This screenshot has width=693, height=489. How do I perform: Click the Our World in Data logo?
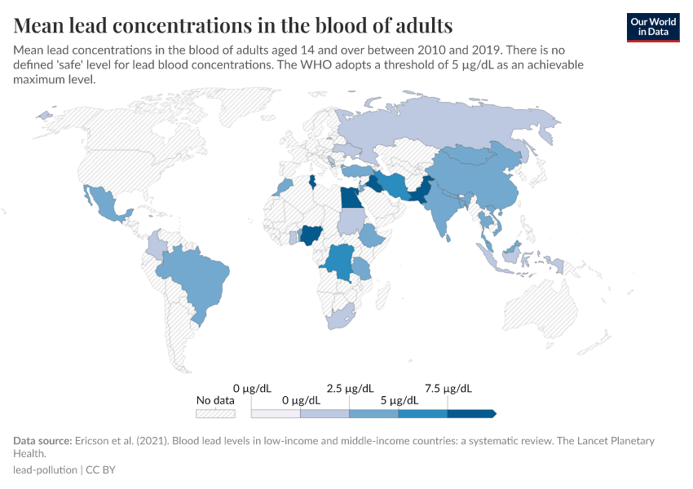652,26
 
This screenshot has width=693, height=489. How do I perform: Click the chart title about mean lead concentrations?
233,24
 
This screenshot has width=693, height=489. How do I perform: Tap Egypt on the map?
350,198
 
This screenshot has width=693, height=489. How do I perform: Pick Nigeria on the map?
312,236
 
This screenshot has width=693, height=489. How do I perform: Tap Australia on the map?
539,309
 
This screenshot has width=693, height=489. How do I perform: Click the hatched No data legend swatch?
215,413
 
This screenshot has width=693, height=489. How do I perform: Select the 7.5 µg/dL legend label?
448,388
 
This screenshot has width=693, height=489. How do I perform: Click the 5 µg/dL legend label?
399,400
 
